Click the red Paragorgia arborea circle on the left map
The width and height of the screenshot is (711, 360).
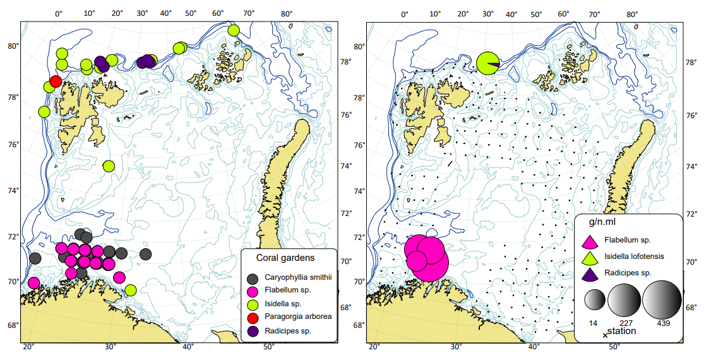[x=56, y=81]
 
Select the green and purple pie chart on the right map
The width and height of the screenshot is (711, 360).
[x=488, y=63]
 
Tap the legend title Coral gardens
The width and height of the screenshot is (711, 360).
[x=285, y=258]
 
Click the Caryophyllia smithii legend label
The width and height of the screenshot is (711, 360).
[x=299, y=277]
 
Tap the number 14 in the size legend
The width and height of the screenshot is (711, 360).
[x=593, y=323]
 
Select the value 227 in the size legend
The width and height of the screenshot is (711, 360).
[x=626, y=323]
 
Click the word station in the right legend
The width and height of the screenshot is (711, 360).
[x=621, y=331]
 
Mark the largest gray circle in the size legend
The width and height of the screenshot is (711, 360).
[x=662, y=298]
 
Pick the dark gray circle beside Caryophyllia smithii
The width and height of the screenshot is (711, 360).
[x=253, y=278]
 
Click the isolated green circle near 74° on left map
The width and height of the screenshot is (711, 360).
[x=109, y=166]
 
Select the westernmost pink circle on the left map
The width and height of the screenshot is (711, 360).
[x=34, y=283]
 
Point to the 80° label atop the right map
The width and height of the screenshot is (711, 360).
[x=632, y=14]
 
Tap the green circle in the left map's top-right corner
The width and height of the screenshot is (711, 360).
[x=234, y=30]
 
